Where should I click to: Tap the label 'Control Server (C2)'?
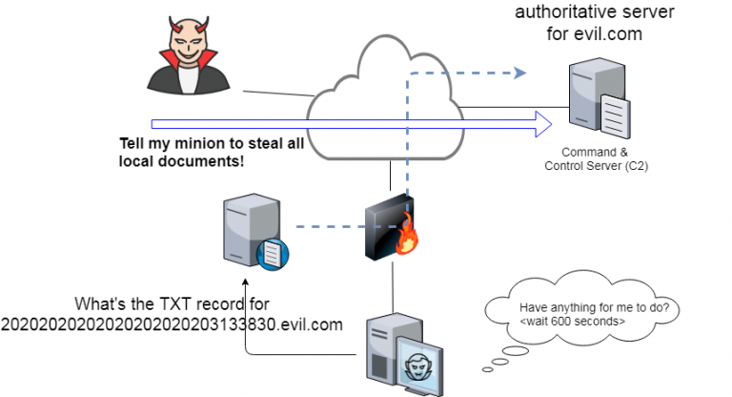596,166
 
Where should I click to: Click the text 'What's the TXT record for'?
173,303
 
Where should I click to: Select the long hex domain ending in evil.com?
172,325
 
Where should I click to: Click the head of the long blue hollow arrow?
544,123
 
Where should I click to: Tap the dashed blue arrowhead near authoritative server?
520,72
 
